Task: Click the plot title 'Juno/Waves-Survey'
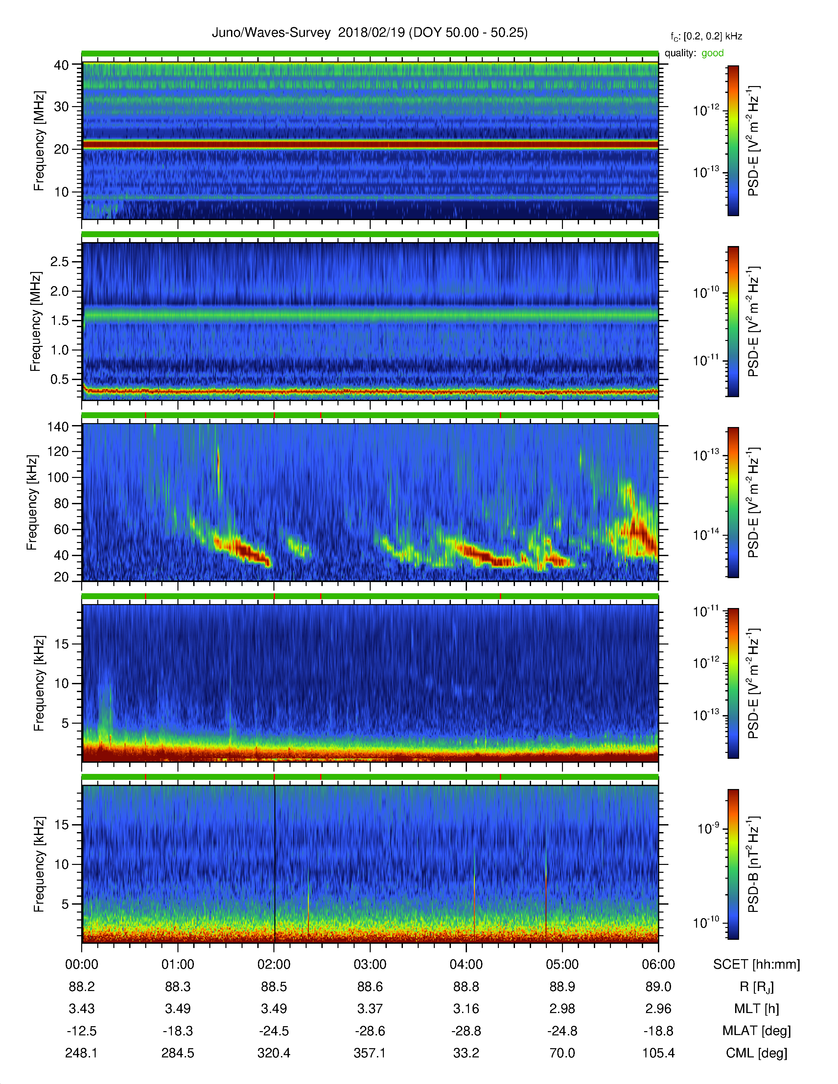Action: click(271, 33)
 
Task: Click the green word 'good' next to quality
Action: click(712, 53)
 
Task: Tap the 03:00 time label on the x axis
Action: click(370, 964)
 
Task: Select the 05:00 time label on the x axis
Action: click(562, 964)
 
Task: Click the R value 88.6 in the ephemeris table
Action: click(370, 987)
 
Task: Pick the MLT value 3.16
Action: click(466, 1008)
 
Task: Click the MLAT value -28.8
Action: click(466, 1031)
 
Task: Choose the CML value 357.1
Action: click(370, 1053)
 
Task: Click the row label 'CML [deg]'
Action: click(757, 1053)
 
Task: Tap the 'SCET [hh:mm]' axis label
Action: click(757, 965)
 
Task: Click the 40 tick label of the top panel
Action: click(61, 65)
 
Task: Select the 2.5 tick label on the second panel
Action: click(59, 261)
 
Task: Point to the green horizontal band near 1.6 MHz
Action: click(370, 315)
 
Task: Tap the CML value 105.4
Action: click(658, 1053)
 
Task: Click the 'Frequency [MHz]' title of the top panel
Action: click(39, 141)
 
